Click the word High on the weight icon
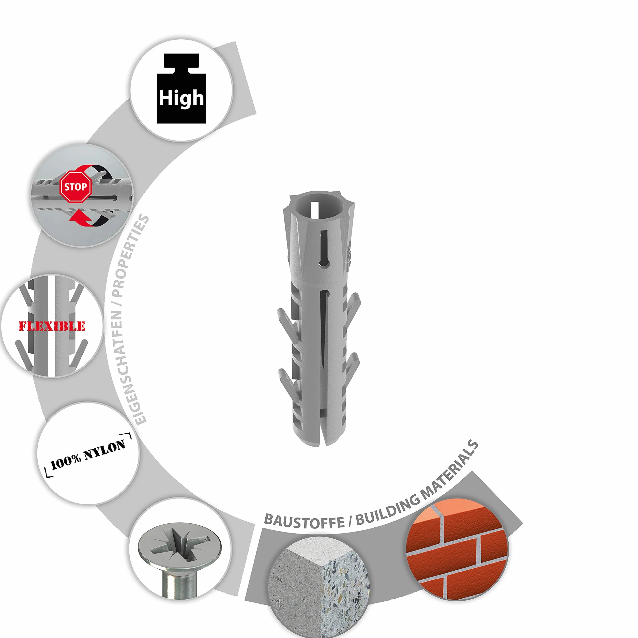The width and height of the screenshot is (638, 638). (181, 98)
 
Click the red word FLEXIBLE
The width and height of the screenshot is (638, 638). (52, 326)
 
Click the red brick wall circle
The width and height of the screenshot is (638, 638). (457, 549)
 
